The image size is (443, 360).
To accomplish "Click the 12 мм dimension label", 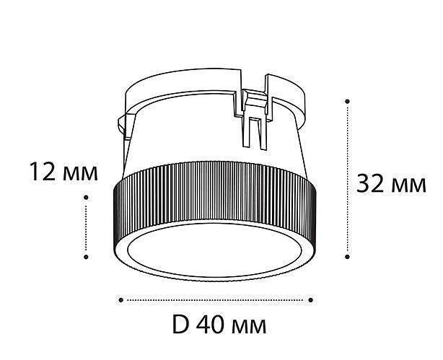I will click(x=63, y=172).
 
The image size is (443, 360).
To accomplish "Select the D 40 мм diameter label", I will click(x=219, y=325).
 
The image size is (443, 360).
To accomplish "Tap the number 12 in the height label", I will click(x=43, y=172).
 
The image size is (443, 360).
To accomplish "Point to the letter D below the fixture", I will click(x=180, y=325).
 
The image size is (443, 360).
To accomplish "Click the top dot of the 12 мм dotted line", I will click(x=86, y=196).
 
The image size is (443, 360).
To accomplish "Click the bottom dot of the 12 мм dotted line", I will click(x=86, y=256).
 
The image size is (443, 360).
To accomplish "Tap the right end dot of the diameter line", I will click(x=312, y=299).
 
